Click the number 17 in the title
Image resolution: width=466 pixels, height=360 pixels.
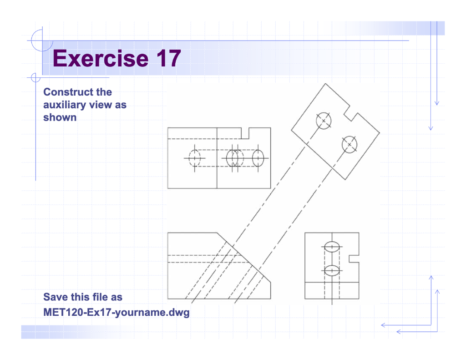click(x=167, y=59)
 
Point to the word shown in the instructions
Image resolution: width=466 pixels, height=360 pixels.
click(x=60, y=117)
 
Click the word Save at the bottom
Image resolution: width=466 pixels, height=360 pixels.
click(x=55, y=297)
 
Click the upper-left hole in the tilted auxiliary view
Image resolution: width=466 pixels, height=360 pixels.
click(x=324, y=121)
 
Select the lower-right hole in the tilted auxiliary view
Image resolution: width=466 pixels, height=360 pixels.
click(x=349, y=144)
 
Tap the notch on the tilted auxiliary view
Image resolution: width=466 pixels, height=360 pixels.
click(x=350, y=114)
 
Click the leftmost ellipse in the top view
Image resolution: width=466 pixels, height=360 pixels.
click(x=194, y=157)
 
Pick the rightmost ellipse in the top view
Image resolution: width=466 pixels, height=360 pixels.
click(x=258, y=157)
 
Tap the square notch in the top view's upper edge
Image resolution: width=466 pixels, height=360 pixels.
click(x=245, y=133)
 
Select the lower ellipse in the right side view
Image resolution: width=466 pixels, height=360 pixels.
click(x=332, y=270)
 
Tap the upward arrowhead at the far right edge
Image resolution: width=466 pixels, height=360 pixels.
click(x=437, y=292)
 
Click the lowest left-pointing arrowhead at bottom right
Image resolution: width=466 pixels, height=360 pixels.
click(x=399, y=332)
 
